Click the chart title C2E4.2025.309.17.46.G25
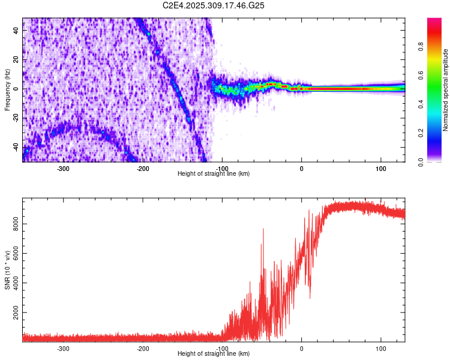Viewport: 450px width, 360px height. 214,5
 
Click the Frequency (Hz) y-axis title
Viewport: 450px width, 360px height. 7,90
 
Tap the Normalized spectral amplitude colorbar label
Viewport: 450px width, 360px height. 446,90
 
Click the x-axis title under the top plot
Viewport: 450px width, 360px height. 214,173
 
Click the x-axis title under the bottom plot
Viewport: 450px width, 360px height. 214,353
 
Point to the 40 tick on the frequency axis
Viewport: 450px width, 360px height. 16,31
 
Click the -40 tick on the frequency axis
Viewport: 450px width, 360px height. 16,146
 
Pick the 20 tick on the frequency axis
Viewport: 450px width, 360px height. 16,60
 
